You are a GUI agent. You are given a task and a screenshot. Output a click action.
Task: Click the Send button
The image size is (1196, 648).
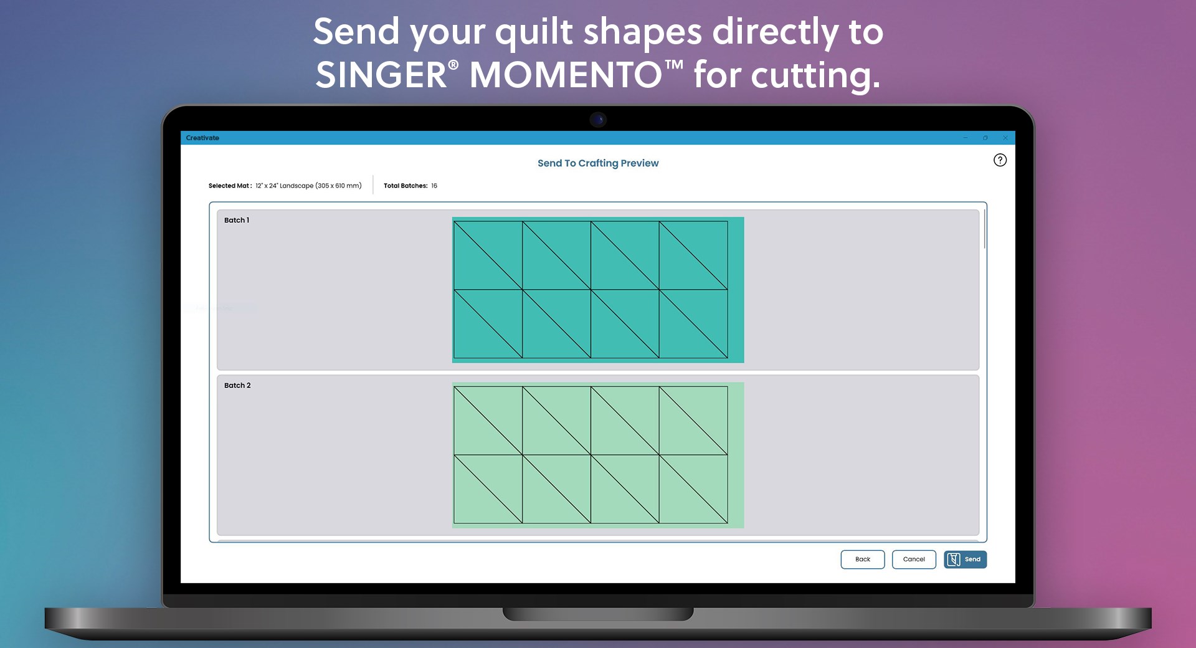pos(965,560)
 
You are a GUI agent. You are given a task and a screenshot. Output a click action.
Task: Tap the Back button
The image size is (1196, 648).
pos(862,560)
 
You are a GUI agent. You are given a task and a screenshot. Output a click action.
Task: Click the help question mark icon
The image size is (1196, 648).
pos(1000,160)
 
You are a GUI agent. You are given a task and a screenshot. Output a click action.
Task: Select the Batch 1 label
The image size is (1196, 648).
pos(237,220)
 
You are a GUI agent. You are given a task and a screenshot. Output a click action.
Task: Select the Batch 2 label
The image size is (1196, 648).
pos(237,385)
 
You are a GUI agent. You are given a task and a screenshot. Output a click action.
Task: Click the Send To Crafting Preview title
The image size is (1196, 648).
pos(598,163)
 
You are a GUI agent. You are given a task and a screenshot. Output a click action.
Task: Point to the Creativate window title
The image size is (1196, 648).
pos(202,138)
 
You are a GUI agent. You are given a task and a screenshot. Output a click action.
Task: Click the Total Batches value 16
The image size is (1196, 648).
pos(434,186)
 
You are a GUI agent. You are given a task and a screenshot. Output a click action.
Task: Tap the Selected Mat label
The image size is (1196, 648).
pos(230,186)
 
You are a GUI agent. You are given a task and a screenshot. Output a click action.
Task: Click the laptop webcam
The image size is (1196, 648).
pos(598,119)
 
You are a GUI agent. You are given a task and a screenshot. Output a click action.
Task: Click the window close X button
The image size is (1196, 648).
pos(1005,138)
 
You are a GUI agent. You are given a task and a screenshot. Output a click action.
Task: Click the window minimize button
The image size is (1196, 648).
pos(966,138)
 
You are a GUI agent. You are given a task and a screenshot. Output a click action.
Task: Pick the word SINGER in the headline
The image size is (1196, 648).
pos(381,75)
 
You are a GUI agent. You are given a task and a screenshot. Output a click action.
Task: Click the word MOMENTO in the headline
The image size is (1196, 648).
pos(566,75)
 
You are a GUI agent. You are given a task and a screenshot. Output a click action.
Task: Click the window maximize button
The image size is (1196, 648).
pos(985,138)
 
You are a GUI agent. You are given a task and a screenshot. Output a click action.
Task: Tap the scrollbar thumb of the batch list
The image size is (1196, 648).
pos(984,230)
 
